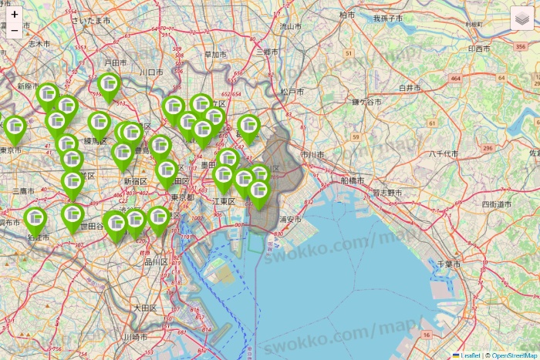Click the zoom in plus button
pyautogui.click(x=15, y=14)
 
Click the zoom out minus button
pyautogui.click(x=15, y=30)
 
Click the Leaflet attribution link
pyautogui.click(x=470, y=355)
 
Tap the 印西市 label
pyautogui.click(x=478, y=49)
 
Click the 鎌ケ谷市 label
pyautogui.click(x=366, y=102)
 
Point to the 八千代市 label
pyautogui.click(x=444, y=154)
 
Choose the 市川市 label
pyautogui.click(x=312, y=155)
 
